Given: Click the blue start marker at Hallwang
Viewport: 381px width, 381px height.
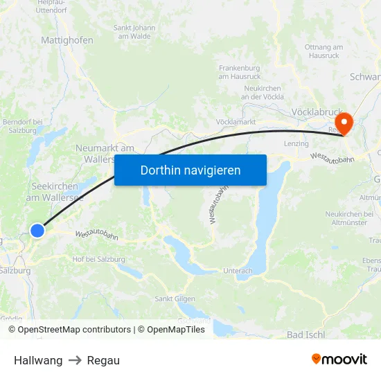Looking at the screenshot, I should [37, 231].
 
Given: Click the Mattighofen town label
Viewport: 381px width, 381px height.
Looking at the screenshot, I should [67, 40].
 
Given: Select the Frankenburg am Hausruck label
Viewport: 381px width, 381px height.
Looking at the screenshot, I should [240, 72].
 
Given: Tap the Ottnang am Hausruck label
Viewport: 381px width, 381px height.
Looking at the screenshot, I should [324, 51].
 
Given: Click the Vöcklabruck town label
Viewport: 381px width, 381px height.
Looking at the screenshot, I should [317, 112].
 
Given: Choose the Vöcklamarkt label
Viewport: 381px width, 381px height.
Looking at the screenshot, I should [236, 122].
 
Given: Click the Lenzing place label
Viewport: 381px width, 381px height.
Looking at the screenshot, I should [296, 143].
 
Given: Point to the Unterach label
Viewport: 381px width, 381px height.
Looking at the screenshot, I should [238, 271].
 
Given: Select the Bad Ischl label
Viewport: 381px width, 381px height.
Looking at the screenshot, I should [305, 335].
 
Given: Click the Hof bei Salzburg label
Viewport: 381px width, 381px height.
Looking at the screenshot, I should [98, 258].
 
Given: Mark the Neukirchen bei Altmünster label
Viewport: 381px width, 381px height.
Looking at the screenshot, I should [349, 218].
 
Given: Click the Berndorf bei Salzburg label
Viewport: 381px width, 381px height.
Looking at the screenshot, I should [23, 126].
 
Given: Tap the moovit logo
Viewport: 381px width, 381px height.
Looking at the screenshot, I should [339, 360].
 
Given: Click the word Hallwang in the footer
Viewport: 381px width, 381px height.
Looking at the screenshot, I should [38, 360].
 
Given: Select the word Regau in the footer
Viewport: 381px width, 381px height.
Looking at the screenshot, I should [103, 360].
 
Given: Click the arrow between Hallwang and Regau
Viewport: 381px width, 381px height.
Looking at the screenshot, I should [75, 360].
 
